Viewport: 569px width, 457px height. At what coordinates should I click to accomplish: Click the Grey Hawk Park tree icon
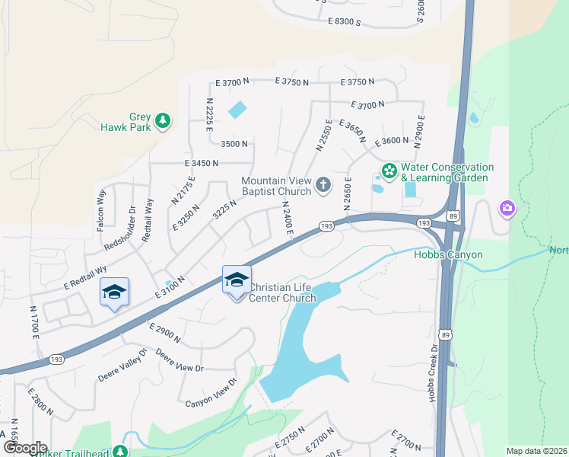(x=162, y=120)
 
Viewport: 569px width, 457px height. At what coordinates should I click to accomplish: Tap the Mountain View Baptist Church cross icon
(x=323, y=184)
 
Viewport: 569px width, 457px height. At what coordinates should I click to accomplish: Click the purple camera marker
(x=507, y=207)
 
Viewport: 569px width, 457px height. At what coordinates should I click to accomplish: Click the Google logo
(x=24, y=448)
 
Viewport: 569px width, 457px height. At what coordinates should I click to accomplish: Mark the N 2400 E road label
(x=287, y=217)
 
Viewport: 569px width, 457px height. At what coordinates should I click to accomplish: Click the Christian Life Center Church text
(x=283, y=292)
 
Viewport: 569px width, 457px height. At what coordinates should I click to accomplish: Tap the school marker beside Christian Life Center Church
(x=237, y=280)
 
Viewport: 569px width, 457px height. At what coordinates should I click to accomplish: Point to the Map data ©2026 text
(x=537, y=451)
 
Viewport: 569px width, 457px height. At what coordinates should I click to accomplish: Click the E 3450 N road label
(x=201, y=163)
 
